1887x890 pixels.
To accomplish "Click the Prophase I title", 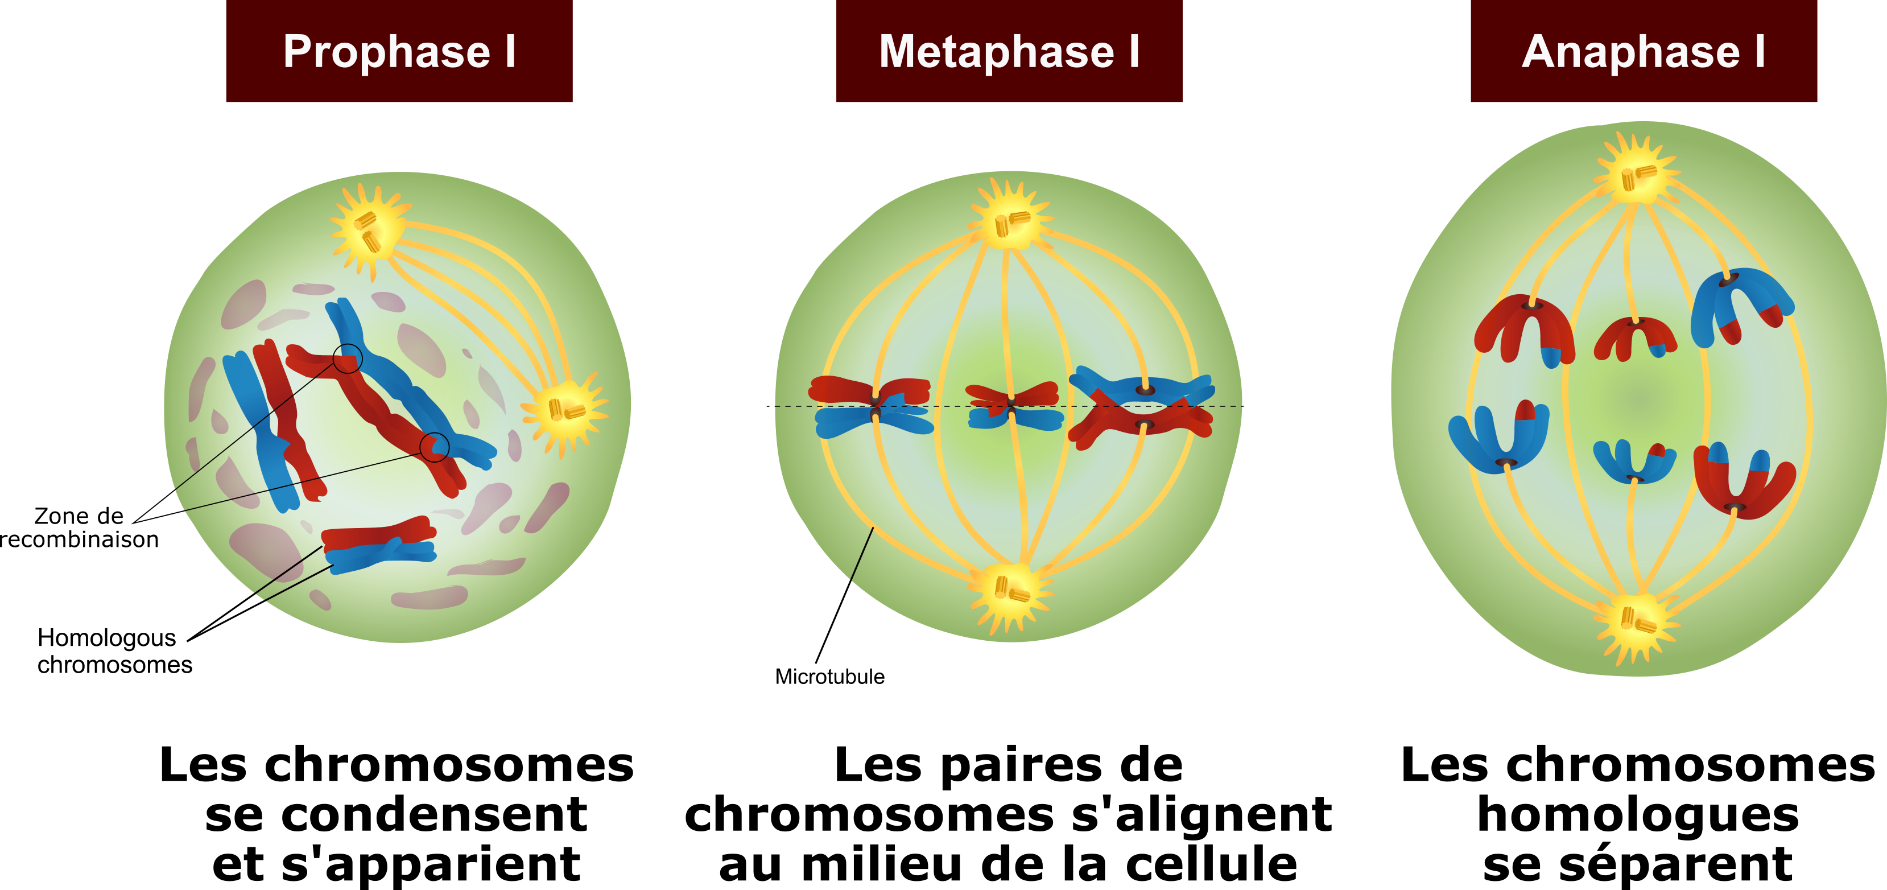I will (399, 51).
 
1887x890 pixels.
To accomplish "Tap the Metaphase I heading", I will (1009, 51).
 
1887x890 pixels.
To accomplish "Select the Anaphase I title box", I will (1643, 51).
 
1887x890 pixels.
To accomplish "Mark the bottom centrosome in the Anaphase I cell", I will (1637, 623).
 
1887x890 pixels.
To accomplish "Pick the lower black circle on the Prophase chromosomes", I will (435, 447).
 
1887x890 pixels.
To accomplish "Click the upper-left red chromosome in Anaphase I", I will (1523, 328).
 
